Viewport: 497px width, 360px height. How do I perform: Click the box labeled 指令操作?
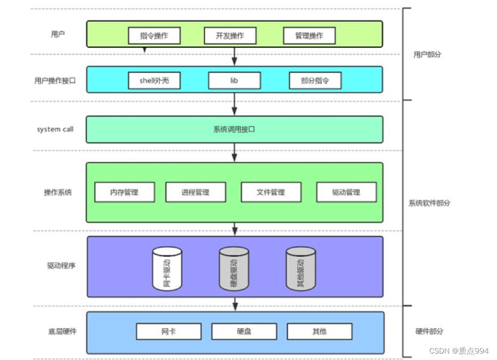click(154, 36)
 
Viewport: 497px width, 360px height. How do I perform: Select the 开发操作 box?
click(230, 36)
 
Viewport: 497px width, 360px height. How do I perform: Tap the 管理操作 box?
click(309, 36)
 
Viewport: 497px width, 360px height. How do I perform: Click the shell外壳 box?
click(154, 80)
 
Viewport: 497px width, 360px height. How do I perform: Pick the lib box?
click(234, 80)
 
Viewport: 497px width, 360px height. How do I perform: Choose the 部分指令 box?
click(315, 80)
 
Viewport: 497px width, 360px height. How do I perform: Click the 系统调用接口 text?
click(234, 129)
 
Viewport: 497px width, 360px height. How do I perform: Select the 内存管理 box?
click(125, 192)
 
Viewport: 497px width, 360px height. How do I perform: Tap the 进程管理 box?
click(195, 192)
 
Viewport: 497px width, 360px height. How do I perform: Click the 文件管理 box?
click(271, 192)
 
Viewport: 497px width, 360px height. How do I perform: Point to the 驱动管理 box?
click(346, 192)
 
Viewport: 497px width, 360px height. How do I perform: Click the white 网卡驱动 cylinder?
click(167, 269)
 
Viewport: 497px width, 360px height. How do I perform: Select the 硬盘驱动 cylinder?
click(234, 269)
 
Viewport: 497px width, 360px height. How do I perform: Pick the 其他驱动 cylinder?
click(301, 269)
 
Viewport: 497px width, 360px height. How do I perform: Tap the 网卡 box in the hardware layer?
click(169, 331)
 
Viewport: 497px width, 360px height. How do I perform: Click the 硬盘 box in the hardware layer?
click(244, 331)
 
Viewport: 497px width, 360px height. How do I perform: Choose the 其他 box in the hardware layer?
click(320, 331)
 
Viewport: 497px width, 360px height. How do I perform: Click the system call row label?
click(55, 129)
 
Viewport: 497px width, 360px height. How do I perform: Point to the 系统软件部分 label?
click(429, 203)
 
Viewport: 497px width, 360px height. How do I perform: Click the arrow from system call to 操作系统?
click(234, 152)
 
